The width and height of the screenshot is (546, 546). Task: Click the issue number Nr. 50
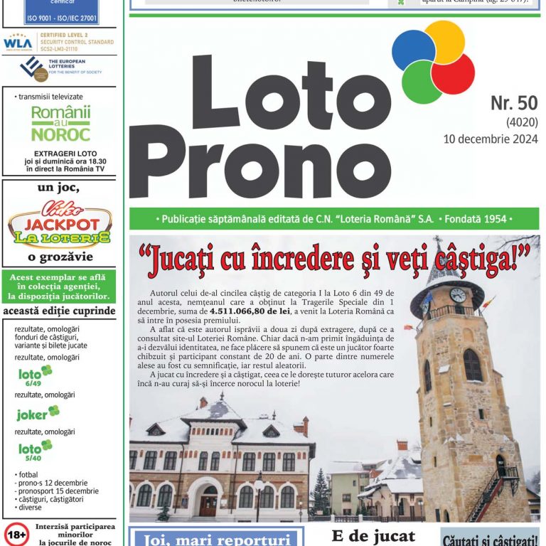click(x=513, y=104)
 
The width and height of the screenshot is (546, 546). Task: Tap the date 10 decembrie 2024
click(x=490, y=139)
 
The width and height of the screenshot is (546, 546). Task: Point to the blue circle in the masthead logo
click(x=413, y=50)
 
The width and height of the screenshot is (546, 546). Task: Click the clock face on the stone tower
click(x=458, y=294)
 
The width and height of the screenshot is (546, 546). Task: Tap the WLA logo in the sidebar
click(x=18, y=43)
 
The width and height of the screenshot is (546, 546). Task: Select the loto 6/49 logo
click(x=35, y=375)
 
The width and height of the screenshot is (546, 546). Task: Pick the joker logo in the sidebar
click(x=38, y=413)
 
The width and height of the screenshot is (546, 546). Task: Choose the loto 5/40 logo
click(x=35, y=450)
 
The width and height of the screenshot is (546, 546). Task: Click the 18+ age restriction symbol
click(x=17, y=533)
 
